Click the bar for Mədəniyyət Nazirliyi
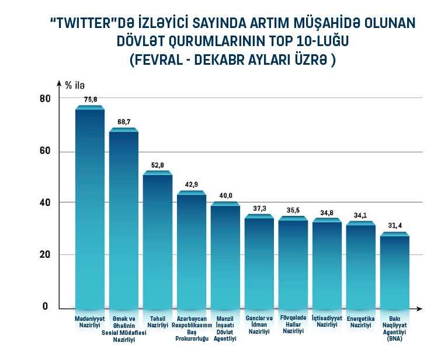(90, 207)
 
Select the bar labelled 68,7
(124, 218)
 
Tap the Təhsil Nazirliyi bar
(158, 240)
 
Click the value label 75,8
(91, 99)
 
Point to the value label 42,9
(192, 184)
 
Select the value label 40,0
(225, 195)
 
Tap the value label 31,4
(395, 226)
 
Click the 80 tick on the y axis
(45, 99)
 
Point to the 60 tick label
(45, 151)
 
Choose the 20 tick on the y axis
(45, 254)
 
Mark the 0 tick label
(45, 306)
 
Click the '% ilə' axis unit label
(75, 85)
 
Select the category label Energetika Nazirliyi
(360, 322)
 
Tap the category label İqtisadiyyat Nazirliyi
(327, 321)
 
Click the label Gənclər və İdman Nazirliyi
(259, 325)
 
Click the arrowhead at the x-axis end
(419, 309)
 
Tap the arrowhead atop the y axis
(59, 83)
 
